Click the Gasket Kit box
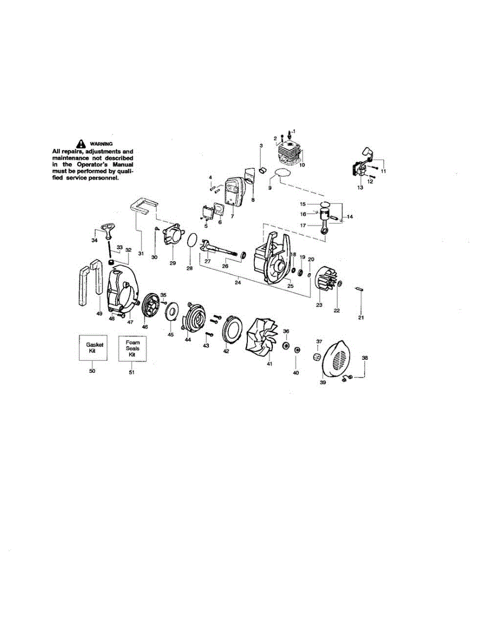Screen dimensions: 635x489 [x=93, y=348]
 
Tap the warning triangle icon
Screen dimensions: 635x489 [x=80, y=143]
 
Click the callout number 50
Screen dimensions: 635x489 [x=93, y=371]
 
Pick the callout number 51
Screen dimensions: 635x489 [x=132, y=372]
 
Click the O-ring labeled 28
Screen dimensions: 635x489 [x=192, y=240]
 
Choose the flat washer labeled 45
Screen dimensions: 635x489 [x=171, y=311]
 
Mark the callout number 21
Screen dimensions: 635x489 [x=362, y=317]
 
